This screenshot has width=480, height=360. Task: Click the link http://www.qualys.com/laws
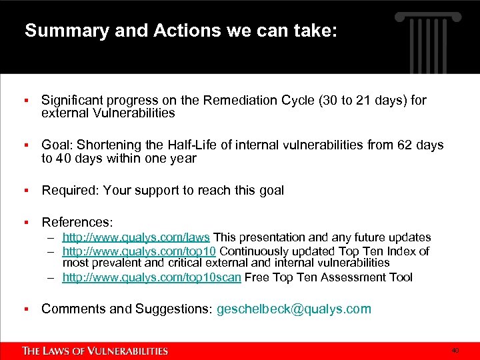(x=136, y=237)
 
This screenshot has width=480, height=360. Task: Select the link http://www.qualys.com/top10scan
(x=151, y=277)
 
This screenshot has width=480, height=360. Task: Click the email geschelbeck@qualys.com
(x=294, y=309)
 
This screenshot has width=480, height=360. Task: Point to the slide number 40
(x=455, y=351)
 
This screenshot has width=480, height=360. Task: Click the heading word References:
(x=77, y=221)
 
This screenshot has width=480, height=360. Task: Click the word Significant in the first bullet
(x=73, y=100)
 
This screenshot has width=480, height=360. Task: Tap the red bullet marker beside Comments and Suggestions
(x=25, y=309)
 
